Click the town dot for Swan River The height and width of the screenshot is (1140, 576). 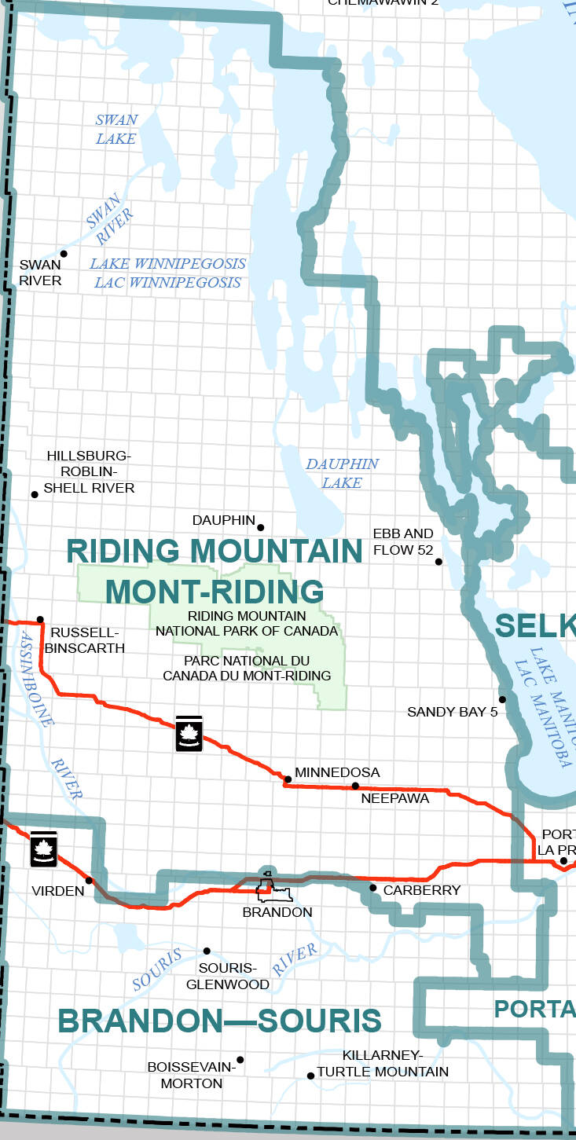click(x=64, y=254)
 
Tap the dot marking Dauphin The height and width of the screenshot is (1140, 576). click(x=261, y=527)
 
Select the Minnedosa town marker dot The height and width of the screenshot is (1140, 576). click(x=288, y=779)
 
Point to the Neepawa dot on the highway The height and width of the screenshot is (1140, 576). click(x=355, y=786)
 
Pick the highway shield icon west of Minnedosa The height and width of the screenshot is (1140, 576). click(x=189, y=733)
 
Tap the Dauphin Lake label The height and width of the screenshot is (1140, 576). click(x=342, y=473)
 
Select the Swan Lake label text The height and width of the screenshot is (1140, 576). click(x=116, y=130)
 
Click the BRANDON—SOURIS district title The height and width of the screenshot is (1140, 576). click(x=219, y=1021)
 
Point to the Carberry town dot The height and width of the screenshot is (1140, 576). click(x=373, y=888)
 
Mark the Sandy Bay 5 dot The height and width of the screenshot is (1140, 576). click(x=502, y=699)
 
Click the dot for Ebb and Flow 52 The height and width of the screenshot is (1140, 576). click(x=439, y=562)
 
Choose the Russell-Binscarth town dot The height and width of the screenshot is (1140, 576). click(x=40, y=619)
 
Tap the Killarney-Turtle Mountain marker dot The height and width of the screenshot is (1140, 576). click(x=310, y=1076)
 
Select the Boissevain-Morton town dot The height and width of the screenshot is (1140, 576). click(x=240, y=1060)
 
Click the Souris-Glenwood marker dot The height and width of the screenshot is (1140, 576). click(x=207, y=951)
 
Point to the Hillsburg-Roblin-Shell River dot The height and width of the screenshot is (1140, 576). click(x=35, y=494)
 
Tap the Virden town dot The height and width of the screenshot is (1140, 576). click(x=89, y=881)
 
